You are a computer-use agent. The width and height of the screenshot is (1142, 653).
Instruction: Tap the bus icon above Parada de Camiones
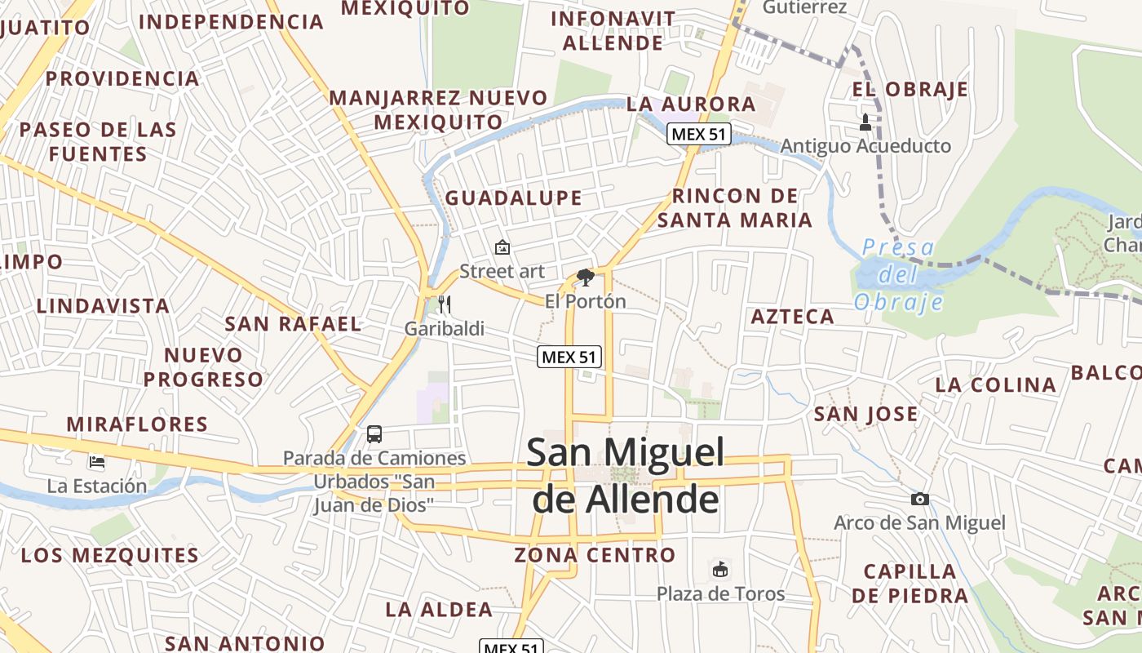[374, 434]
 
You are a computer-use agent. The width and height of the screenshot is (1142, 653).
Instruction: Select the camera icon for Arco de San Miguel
[919, 499]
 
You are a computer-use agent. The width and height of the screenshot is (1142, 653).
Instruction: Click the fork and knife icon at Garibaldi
[445, 304]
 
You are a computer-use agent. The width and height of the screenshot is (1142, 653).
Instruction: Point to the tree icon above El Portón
[585, 278]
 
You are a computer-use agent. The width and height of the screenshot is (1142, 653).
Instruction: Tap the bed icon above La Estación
[97, 462]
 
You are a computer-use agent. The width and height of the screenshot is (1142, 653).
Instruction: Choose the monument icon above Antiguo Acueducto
[865, 123]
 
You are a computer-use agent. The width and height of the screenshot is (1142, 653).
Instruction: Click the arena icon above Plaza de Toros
[720, 569]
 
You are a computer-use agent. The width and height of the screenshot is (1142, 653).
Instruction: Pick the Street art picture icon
[502, 247]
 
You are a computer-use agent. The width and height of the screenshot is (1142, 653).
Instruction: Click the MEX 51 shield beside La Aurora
[698, 134]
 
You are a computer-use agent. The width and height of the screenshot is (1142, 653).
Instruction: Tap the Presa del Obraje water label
[898, 274]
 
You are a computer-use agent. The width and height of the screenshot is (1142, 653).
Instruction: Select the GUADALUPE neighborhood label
[514, 198]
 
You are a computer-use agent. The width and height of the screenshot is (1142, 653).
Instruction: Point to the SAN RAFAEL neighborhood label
[293, 324]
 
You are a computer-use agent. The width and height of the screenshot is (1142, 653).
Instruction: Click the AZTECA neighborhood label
[792, 317]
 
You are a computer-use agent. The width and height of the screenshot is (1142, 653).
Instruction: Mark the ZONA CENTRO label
[595, 556]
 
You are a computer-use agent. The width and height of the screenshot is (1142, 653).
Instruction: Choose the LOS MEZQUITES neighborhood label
[110, 556]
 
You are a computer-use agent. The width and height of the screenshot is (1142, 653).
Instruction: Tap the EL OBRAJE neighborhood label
[910, 90]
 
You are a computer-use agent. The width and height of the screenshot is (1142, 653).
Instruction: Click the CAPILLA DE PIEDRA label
[910, 583]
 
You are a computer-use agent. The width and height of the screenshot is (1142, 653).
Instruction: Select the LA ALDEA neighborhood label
[439, 610]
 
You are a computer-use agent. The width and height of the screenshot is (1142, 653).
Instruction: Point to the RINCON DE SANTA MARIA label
[735, 208]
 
